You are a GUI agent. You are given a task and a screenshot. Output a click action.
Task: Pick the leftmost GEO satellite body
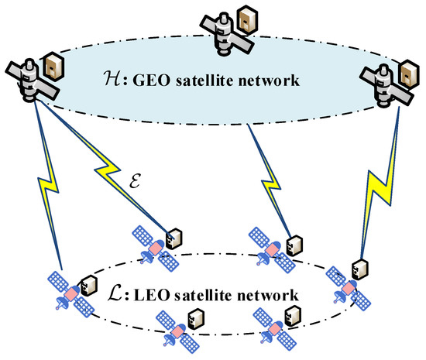[29, 84]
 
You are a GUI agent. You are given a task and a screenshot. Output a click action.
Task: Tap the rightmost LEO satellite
[342, 286]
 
